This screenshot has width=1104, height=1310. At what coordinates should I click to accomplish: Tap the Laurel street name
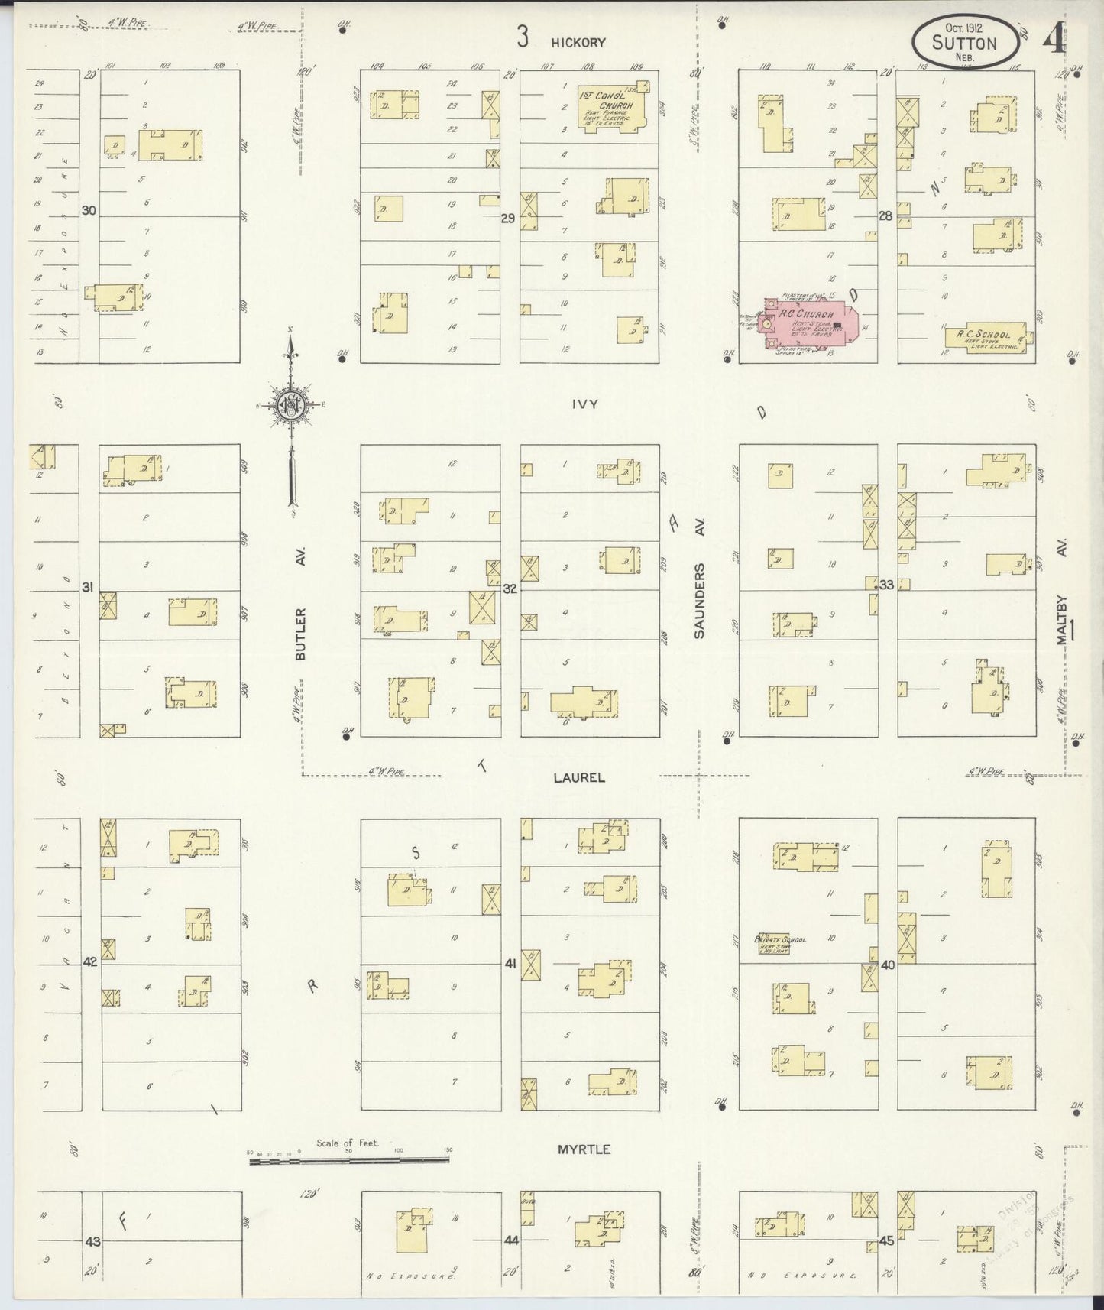(x=580, y=777)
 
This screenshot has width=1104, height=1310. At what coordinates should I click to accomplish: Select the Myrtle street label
(x=583, y=1149)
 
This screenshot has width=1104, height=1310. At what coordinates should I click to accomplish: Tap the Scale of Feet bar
(x=348, y=1161)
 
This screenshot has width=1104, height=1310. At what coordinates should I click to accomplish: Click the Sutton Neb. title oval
(x=965, y=41)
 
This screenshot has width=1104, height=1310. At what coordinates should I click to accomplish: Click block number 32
(x=510, y=589)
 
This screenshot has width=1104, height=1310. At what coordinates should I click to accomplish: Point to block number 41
(x=510, y=964)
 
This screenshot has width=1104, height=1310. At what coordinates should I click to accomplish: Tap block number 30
(x=89, y=211)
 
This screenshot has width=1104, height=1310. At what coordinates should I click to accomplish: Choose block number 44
(x=511, y=1240)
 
